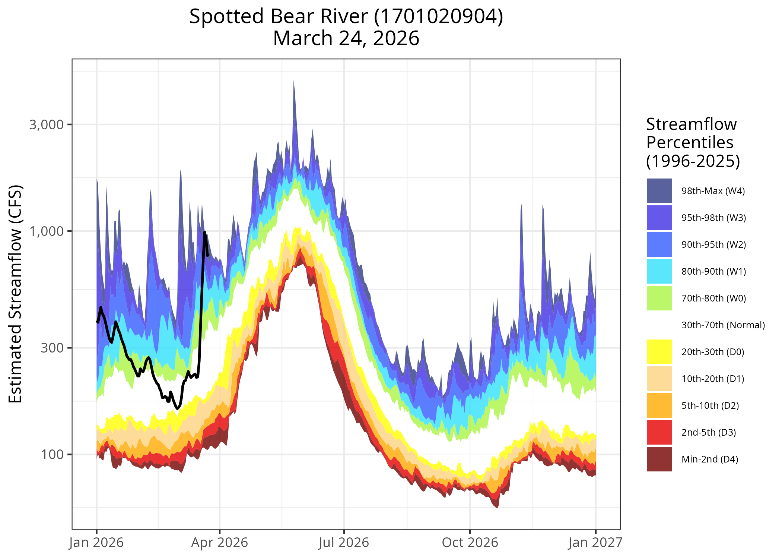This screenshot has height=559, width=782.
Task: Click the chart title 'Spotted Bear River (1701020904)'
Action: (x=346, y=17)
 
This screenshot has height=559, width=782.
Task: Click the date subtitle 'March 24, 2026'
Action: (x=346, y=38)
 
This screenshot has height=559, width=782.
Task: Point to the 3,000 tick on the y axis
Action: (x=47, y=124)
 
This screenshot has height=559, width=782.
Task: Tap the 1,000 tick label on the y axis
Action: (x=47, y=231)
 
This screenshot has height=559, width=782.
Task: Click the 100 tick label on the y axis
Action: (x=52, y=454)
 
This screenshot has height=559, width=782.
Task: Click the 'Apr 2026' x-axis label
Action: (x=219, y=543)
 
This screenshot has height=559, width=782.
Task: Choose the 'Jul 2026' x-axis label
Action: (x=344, y=543)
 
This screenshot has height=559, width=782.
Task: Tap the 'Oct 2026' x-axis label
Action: (x=470, y=543)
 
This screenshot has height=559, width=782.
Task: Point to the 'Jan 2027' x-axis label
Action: (x=595, y=543)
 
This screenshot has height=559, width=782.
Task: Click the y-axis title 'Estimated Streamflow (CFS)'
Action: (x=16, y=294)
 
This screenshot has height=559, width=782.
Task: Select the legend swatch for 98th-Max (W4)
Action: (x=659, y=191)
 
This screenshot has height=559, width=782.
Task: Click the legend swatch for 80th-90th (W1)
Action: (x=659, y=271)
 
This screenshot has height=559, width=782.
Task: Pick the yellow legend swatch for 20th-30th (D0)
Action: (x=659, y=352)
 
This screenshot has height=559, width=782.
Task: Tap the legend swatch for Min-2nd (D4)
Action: (x=659, y=459)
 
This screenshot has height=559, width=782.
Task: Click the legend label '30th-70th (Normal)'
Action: (x=723, y=325)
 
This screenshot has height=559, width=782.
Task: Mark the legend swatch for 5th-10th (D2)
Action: (x=659, y=405)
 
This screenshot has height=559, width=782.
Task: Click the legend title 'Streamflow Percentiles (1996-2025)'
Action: (x=693, y=142)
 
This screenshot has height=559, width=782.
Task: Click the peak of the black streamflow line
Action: (x=205, y=233)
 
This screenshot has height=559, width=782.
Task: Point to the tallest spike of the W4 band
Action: (x=293, y=81)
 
